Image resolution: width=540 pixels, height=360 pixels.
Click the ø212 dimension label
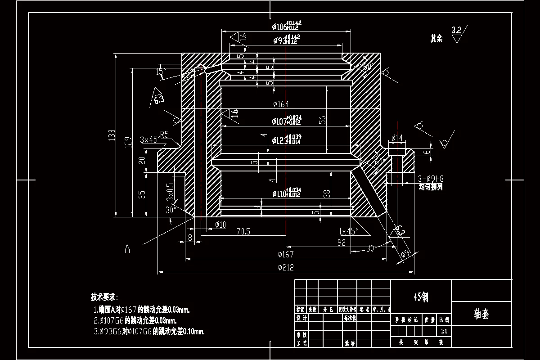286,268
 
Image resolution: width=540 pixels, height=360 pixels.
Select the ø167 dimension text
286,254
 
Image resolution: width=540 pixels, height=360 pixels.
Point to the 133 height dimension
112,135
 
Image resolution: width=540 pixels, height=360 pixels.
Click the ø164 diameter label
281,104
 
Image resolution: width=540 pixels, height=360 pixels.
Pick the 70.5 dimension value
243,231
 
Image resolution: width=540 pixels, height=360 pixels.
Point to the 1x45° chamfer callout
348,231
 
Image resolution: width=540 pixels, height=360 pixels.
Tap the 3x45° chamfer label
149,139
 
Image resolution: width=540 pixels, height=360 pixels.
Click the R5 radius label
164,134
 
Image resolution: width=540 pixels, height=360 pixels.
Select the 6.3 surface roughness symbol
158,99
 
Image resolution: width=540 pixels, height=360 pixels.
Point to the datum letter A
127,248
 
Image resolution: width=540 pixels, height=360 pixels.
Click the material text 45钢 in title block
421,297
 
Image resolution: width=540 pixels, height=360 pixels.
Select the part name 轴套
481,314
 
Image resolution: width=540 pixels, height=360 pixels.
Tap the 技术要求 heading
104,297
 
